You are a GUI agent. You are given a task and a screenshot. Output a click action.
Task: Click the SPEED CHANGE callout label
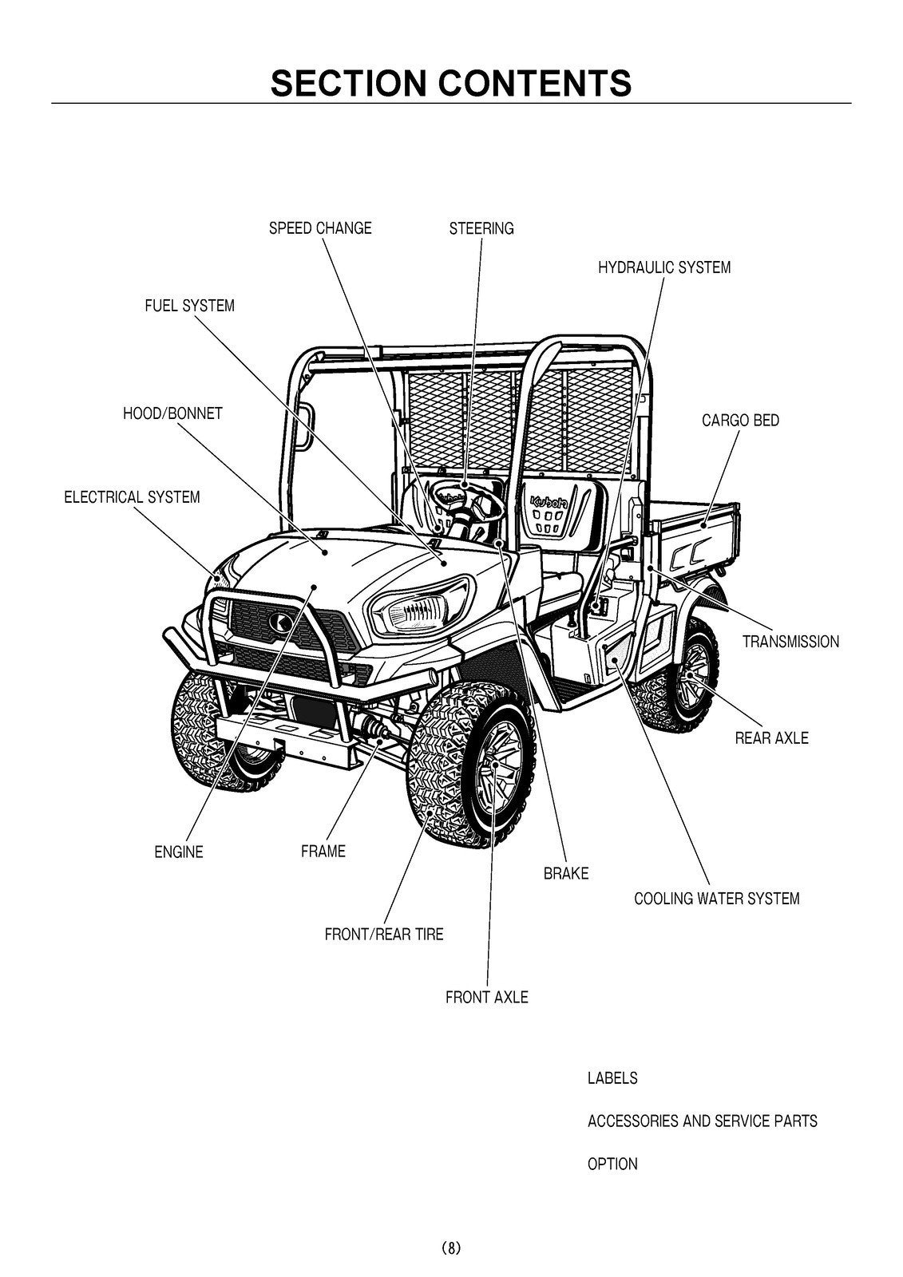point(320,228)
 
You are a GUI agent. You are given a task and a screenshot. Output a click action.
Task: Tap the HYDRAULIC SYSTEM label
point(664,267)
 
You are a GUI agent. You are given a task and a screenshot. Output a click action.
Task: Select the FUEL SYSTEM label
point(189,306)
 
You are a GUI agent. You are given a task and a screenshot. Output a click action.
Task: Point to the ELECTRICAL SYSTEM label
point(132,497)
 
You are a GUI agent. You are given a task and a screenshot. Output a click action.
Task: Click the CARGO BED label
point(740,421)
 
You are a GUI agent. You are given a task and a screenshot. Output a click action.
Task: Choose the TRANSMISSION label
point(790,642)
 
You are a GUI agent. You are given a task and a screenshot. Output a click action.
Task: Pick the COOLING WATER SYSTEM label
point(716,899)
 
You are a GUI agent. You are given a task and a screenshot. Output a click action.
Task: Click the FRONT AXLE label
point(486,998)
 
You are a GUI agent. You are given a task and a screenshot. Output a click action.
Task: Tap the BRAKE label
point(566,874)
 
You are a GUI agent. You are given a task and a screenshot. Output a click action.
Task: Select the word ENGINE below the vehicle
point(179,852)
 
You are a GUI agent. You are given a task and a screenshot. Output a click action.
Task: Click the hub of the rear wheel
point(688,675)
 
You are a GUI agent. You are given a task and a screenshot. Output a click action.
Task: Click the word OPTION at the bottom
point(612,1164)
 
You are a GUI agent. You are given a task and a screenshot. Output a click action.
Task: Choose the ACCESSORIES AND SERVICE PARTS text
point(702,1121)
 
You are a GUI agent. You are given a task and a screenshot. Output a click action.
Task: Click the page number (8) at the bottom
point(450,1247)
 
